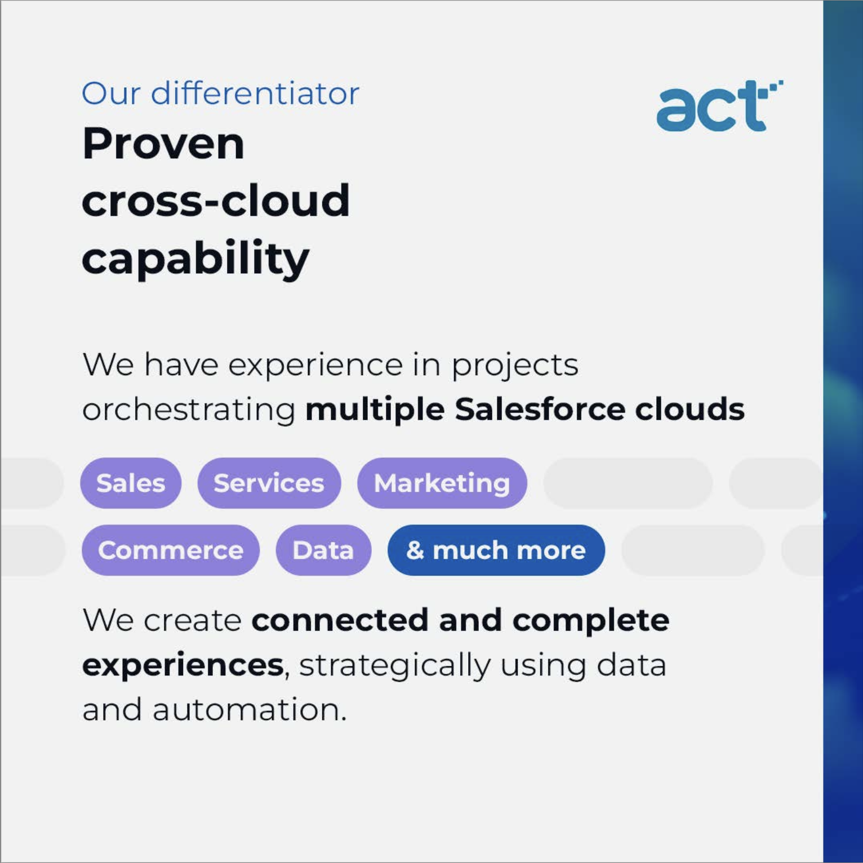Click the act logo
[x=719, y=105]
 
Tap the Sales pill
[x=131, y=483]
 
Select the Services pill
[x=269, y=483]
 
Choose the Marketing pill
[x=442, y=483]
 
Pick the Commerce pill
[x=171, y=550]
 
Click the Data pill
[x=323, y=550]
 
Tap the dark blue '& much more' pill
[x=496, y=550]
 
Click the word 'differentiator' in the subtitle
[x=255, y=93]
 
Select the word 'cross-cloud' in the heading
[x=216, y=200]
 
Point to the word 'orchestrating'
[x=189, y=410]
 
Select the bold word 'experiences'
[x=183, y=665]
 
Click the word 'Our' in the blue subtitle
[x=111, y=94]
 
